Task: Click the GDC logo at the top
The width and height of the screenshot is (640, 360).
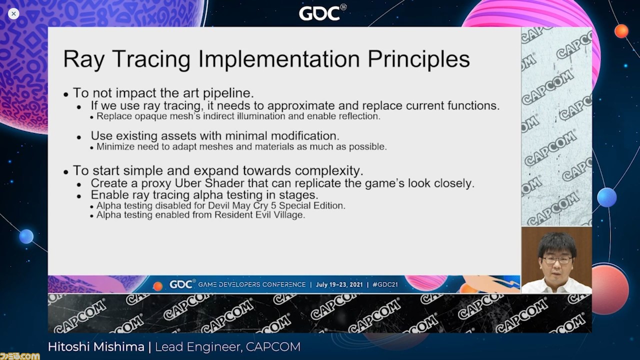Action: coord(322,13)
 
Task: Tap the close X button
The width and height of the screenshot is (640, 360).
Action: coord(13,13)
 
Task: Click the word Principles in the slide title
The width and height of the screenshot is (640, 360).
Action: coord(418,59)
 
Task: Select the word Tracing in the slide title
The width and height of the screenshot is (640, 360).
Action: coord(151,59)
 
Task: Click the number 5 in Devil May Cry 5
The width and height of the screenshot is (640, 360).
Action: coord(273,205)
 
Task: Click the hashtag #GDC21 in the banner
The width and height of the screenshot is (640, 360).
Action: coord(385,284)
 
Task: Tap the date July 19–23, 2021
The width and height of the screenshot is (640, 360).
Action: coord(339,284)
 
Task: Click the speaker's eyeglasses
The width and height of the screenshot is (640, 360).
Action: coord(557,260)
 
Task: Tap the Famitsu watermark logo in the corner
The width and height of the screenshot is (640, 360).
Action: coord(20,356)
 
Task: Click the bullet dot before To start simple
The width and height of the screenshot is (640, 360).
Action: coord(66,172)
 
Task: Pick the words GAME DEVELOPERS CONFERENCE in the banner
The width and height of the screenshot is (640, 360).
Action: coord(251,284)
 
